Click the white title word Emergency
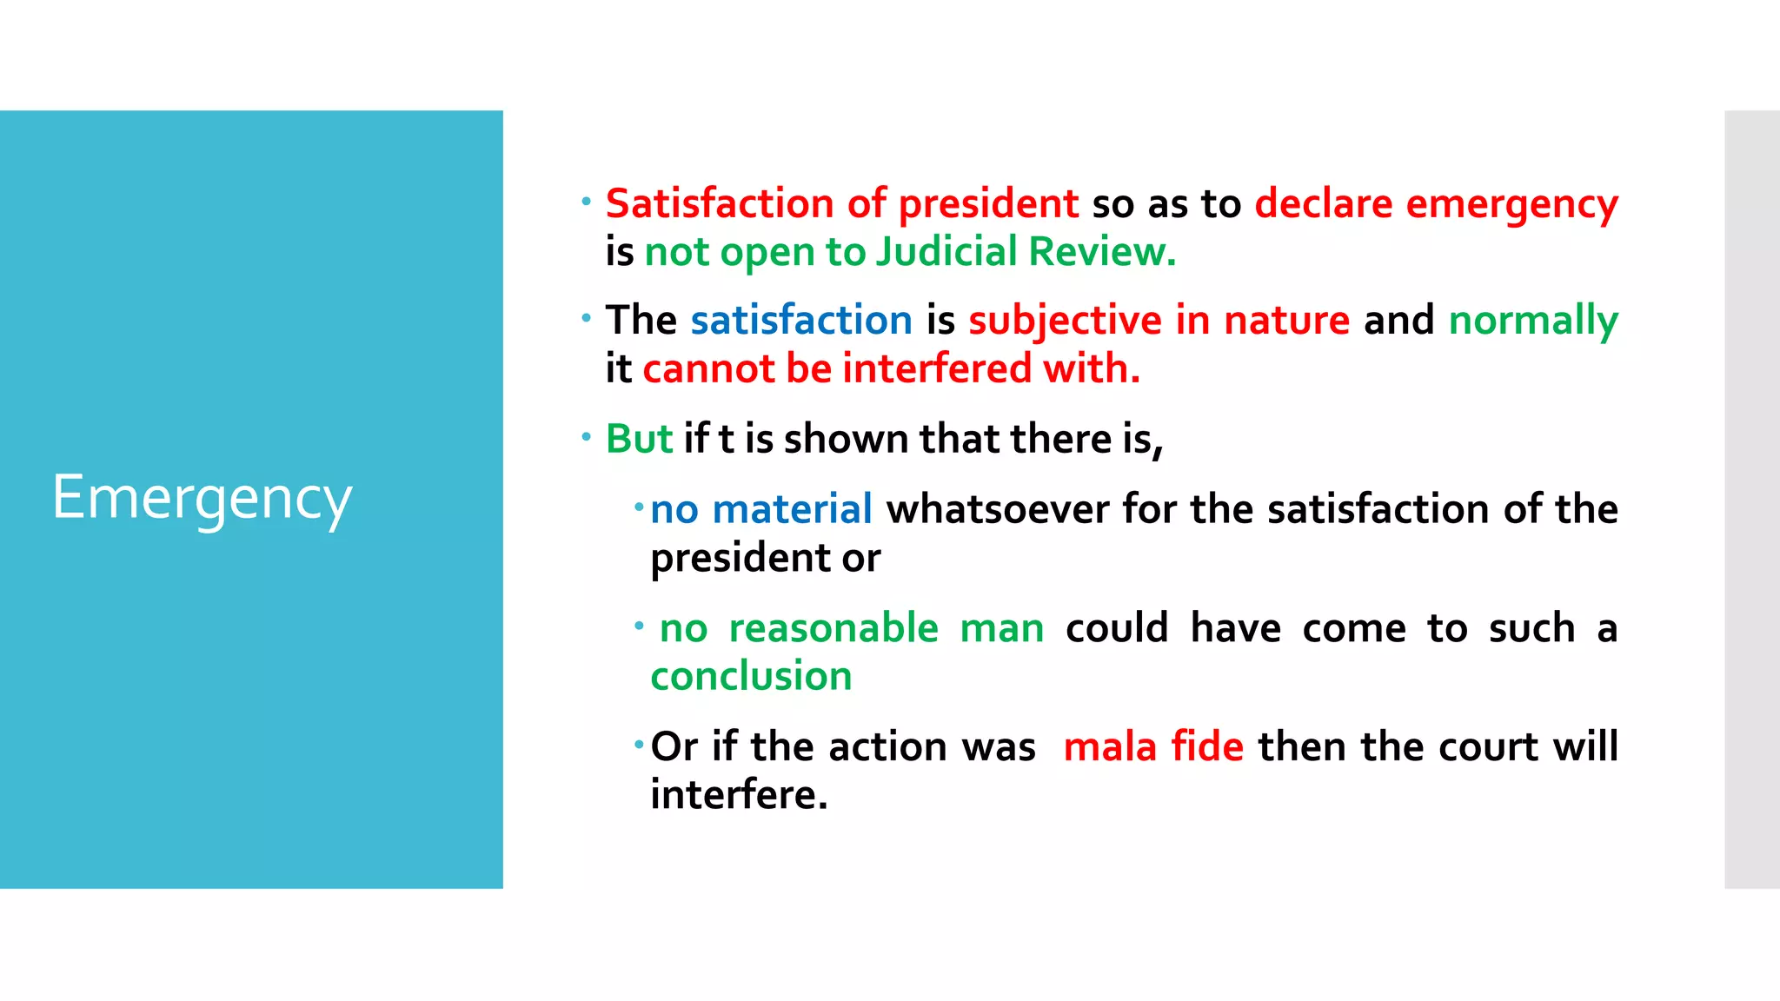202,499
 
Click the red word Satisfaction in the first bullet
720,204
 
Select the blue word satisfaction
801,321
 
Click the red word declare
1324,204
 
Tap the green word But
639,439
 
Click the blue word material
792,509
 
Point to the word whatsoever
997,509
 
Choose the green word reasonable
834,628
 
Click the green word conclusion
751,677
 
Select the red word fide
1207,747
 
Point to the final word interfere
739,795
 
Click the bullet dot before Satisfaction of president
587,202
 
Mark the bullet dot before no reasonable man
639,626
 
